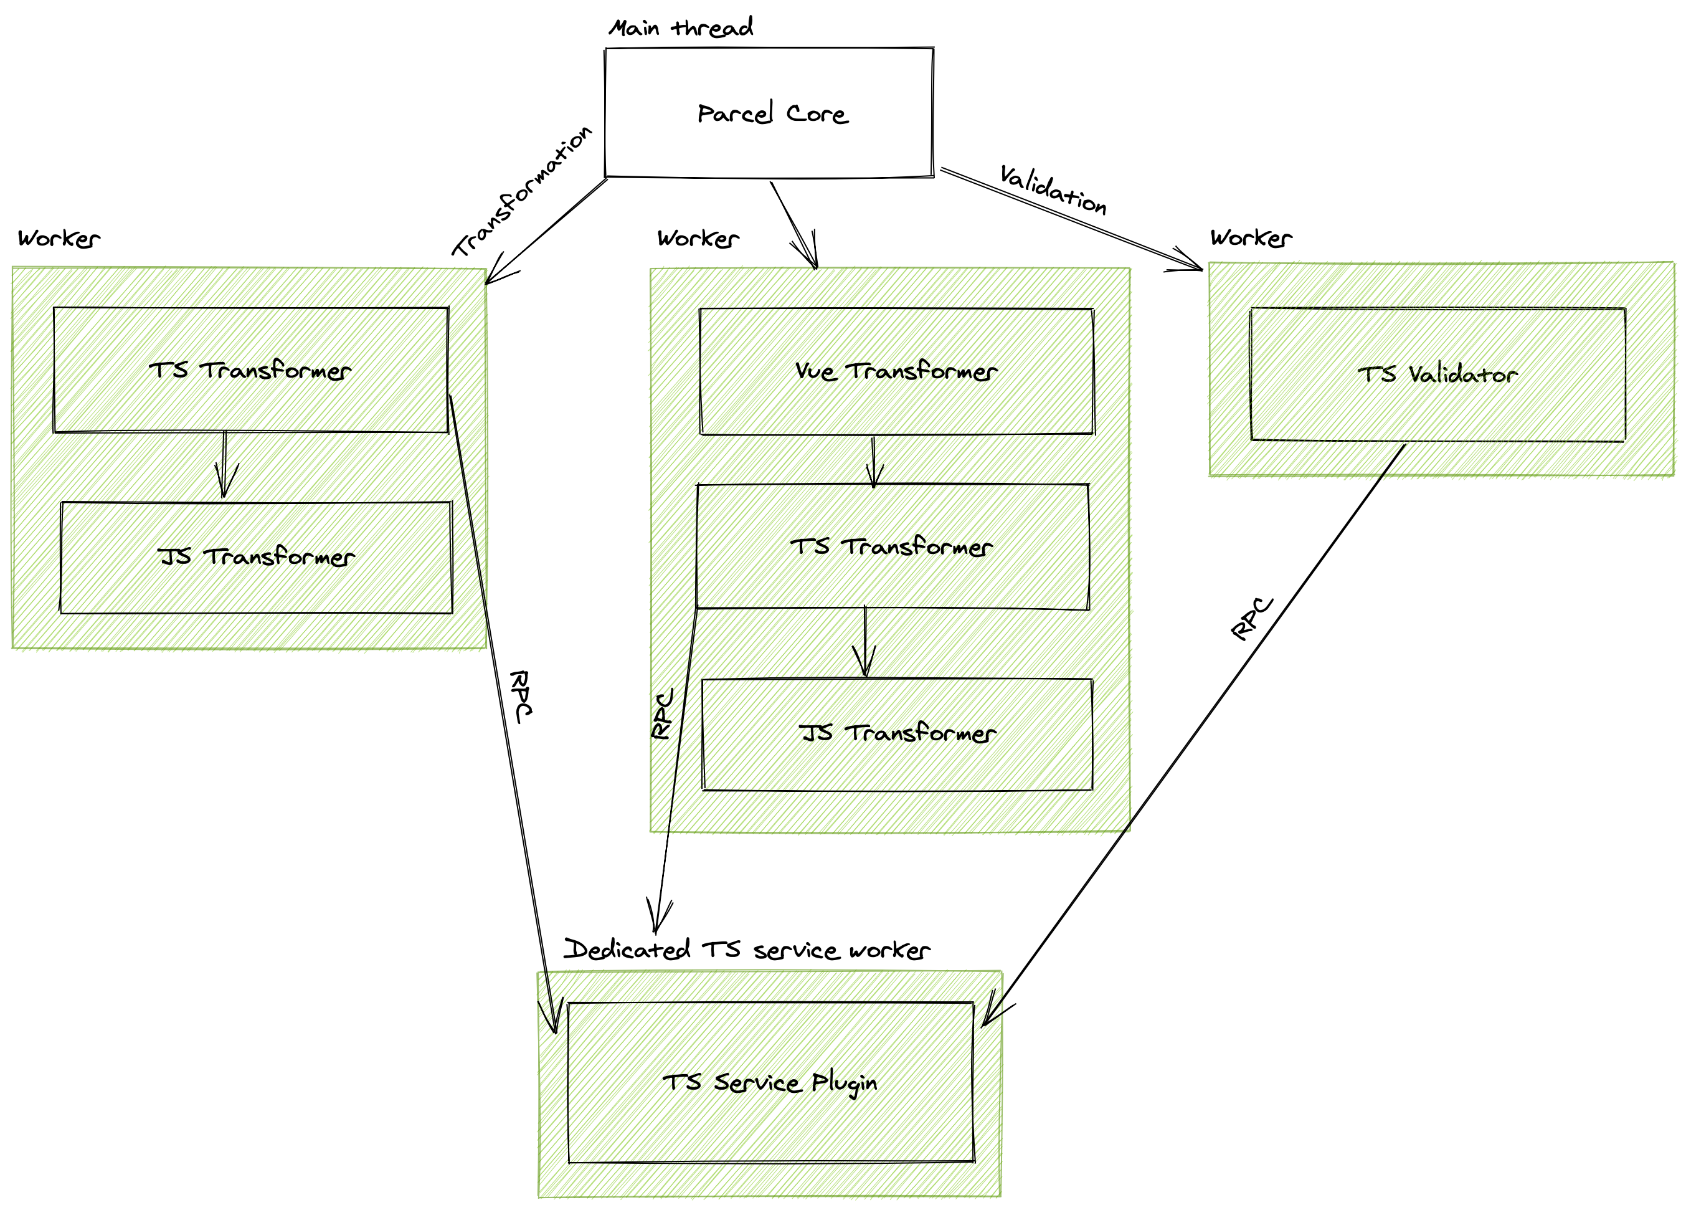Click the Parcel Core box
coord(769,113)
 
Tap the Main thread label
coord(680,28)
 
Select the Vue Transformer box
coord(896,371)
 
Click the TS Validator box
coord(1437,374)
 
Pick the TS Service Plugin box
coord(770,1082)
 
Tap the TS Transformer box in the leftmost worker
coord(250,369)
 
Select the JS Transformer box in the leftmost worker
coord(256,557)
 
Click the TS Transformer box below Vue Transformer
coord(891,546)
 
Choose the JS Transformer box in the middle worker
coord(896,733)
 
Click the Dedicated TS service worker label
coord(746,950)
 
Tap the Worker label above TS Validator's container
coord(1251,238)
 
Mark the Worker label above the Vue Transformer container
coord(698,239)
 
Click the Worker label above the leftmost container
coord(59,239)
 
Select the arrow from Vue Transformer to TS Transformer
coord(873,461)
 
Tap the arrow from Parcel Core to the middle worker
coord(793,224)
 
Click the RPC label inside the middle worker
coord(662,713)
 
